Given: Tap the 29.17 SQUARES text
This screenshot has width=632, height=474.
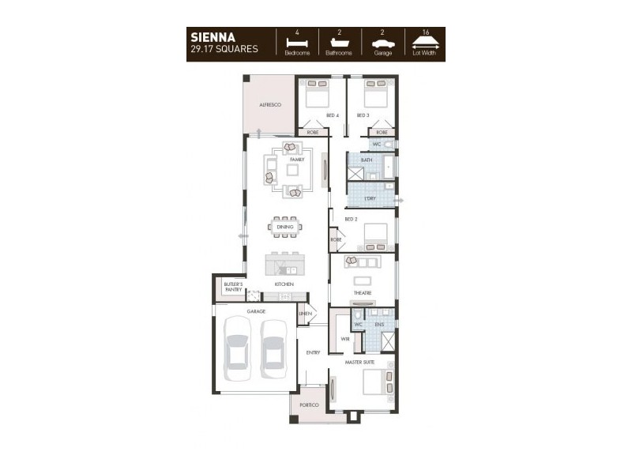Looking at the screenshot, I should click(x=224, y=49).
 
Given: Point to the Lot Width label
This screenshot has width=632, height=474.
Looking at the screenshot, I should click(x=424, y=53).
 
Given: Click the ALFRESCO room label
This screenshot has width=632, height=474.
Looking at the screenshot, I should click(x=271, y=104).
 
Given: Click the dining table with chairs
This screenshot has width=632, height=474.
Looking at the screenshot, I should click(x=285, y=227).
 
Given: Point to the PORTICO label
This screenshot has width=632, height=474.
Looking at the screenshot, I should click(x=308, y=405).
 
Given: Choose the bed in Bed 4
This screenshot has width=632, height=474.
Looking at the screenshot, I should click(x=318, y=95).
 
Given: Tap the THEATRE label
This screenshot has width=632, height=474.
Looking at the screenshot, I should click(x=363, y=293).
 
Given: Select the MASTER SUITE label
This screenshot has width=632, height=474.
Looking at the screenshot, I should click(x=359, y=362).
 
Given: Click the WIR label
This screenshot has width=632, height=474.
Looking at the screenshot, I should click(x=345, y=338).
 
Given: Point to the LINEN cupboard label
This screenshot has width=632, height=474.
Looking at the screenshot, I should click(x=306, y=314).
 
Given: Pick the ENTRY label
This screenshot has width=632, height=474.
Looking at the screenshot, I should click(x=313, y=352).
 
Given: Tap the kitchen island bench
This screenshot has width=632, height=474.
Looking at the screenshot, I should click(x=284, y=261).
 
